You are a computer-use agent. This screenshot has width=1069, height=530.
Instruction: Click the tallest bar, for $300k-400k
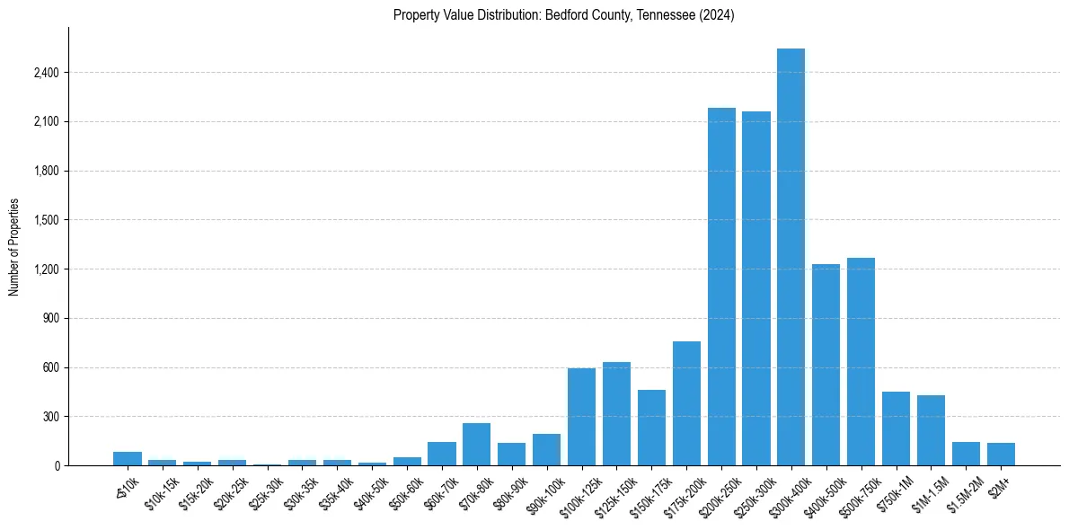coord(791,257)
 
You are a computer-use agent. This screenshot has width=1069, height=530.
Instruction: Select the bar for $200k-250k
coord(721,287)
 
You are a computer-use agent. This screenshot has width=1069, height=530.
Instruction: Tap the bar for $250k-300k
coord(756,288)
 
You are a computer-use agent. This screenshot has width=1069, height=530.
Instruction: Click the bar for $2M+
coord(1001,455)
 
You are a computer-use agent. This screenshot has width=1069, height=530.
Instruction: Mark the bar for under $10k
coord(128,459)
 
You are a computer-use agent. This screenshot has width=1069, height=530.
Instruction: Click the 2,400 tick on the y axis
coord(46,73)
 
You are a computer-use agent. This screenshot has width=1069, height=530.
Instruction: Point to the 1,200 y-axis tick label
coord(46,269)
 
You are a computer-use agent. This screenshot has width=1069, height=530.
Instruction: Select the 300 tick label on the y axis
coord(50,417)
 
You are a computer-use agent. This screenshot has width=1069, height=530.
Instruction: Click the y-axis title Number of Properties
coord(14,247)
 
